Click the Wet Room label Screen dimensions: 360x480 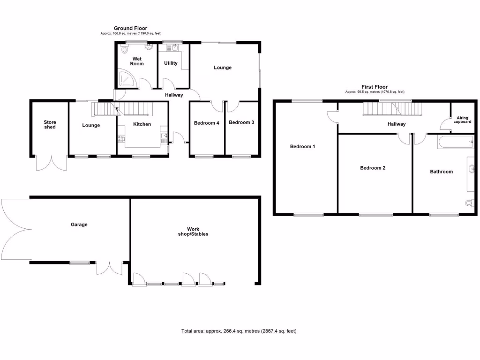pos(137,61)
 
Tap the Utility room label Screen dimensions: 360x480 pos(171,63)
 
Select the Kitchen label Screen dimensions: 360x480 pos(142,124)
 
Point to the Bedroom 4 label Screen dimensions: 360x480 pos(207,123)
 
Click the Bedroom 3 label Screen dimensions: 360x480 pos(241,122)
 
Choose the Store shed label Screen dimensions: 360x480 pos(50,125)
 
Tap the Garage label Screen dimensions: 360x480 pos(79,225)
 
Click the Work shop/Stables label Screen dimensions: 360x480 pos(193,231)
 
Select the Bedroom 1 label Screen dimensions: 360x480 pos(302,147)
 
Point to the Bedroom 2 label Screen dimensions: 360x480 pos(373,168)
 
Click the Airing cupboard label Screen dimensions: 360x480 pos(463,120)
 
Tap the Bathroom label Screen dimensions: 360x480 pos(442,172)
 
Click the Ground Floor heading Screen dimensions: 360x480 pos(131,29)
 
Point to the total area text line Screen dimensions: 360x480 pos(239,331)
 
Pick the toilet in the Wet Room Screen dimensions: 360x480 pos(125,50)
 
